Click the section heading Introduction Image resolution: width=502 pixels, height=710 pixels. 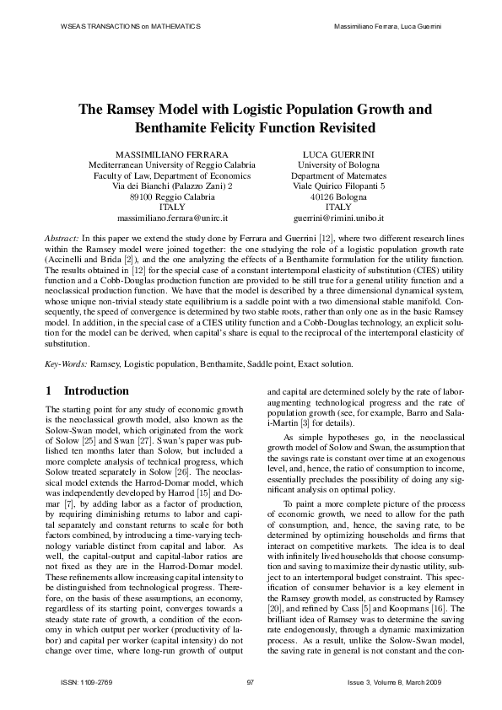click(x=96, y=391)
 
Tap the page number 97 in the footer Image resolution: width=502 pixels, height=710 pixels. click(x=251, y=682)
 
